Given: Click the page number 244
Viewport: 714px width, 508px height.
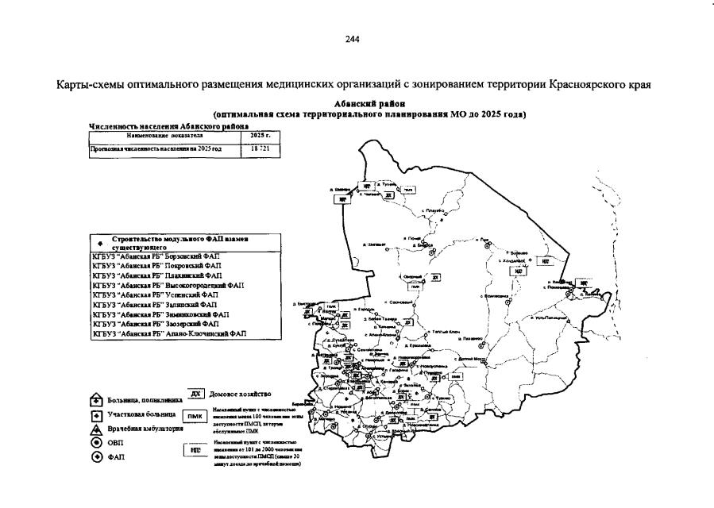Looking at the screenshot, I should [353, 40].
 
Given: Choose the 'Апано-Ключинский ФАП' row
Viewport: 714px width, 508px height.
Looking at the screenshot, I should [168, 334].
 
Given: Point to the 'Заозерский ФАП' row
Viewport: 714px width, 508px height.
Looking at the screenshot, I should [158, 324].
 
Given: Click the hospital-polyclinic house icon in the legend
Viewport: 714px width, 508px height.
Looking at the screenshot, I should [95, 400].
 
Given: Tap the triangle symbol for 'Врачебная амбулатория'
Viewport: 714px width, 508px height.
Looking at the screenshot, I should [95, 428].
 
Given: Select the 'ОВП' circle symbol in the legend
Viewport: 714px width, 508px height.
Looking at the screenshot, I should [95, 442].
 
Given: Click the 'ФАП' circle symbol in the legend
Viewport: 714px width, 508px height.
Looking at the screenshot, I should [95, 457].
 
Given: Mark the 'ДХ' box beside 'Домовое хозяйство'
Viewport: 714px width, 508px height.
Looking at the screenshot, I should [196, 394].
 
